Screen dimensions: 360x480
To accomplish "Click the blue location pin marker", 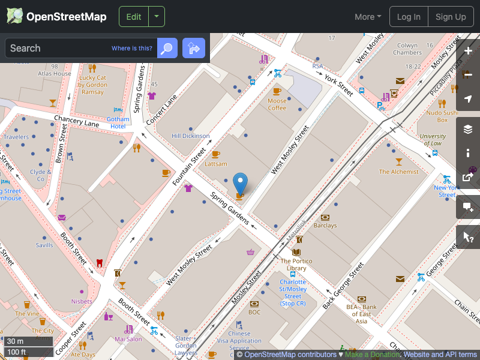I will click(240, 183).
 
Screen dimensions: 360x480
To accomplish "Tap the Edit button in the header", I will click(134, 17).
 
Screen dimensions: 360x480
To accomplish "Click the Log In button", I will click(409, 17).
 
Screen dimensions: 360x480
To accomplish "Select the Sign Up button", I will click(451, 17).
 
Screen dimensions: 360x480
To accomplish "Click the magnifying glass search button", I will click(167, 48).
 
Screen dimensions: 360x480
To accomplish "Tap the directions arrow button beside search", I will click(194, 48).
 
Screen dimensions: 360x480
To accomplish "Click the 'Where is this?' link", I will click(132, 49).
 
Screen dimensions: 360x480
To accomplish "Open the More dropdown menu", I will click(368, 17).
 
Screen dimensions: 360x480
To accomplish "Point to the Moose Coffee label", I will click(277, 104).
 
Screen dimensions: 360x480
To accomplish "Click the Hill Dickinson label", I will click(191, 136).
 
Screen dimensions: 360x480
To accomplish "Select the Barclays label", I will click(325, 226).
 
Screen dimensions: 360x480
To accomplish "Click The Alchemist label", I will click(399, 172).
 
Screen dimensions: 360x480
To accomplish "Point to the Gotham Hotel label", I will click(118, 122).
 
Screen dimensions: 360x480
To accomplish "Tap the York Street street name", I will click(339, 85).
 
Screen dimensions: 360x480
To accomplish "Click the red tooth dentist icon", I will click(100, 262).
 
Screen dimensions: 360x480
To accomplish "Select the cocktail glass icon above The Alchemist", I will click(399, 161).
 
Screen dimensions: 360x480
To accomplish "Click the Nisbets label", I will click(82, 301).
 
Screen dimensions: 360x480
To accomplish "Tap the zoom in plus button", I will click(468, 51).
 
